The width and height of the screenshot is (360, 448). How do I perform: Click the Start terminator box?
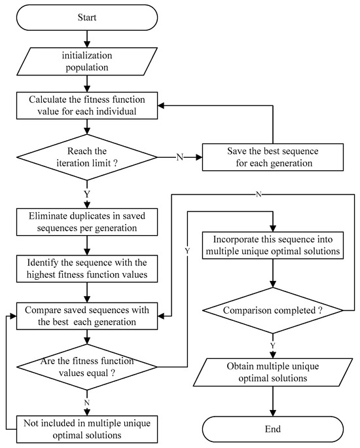coord(87,18)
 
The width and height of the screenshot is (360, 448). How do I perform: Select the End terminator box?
coord(273,429)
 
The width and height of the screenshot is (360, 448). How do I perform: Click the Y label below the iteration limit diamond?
coord(88,195)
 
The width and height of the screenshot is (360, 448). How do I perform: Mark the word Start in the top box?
coord(87,18)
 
